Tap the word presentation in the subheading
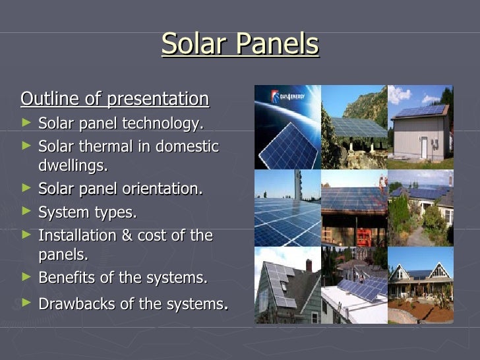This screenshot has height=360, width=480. click(x=158, y=100)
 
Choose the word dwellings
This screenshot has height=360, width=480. click(x=73, y=165)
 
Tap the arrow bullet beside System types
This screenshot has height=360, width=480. click(x=26, y=212)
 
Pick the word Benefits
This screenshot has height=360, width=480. click(x=67, y=278)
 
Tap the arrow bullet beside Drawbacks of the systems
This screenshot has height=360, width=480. click(x=26, y=303)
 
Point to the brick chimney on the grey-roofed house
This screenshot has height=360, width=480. click(x=308, y=265)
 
